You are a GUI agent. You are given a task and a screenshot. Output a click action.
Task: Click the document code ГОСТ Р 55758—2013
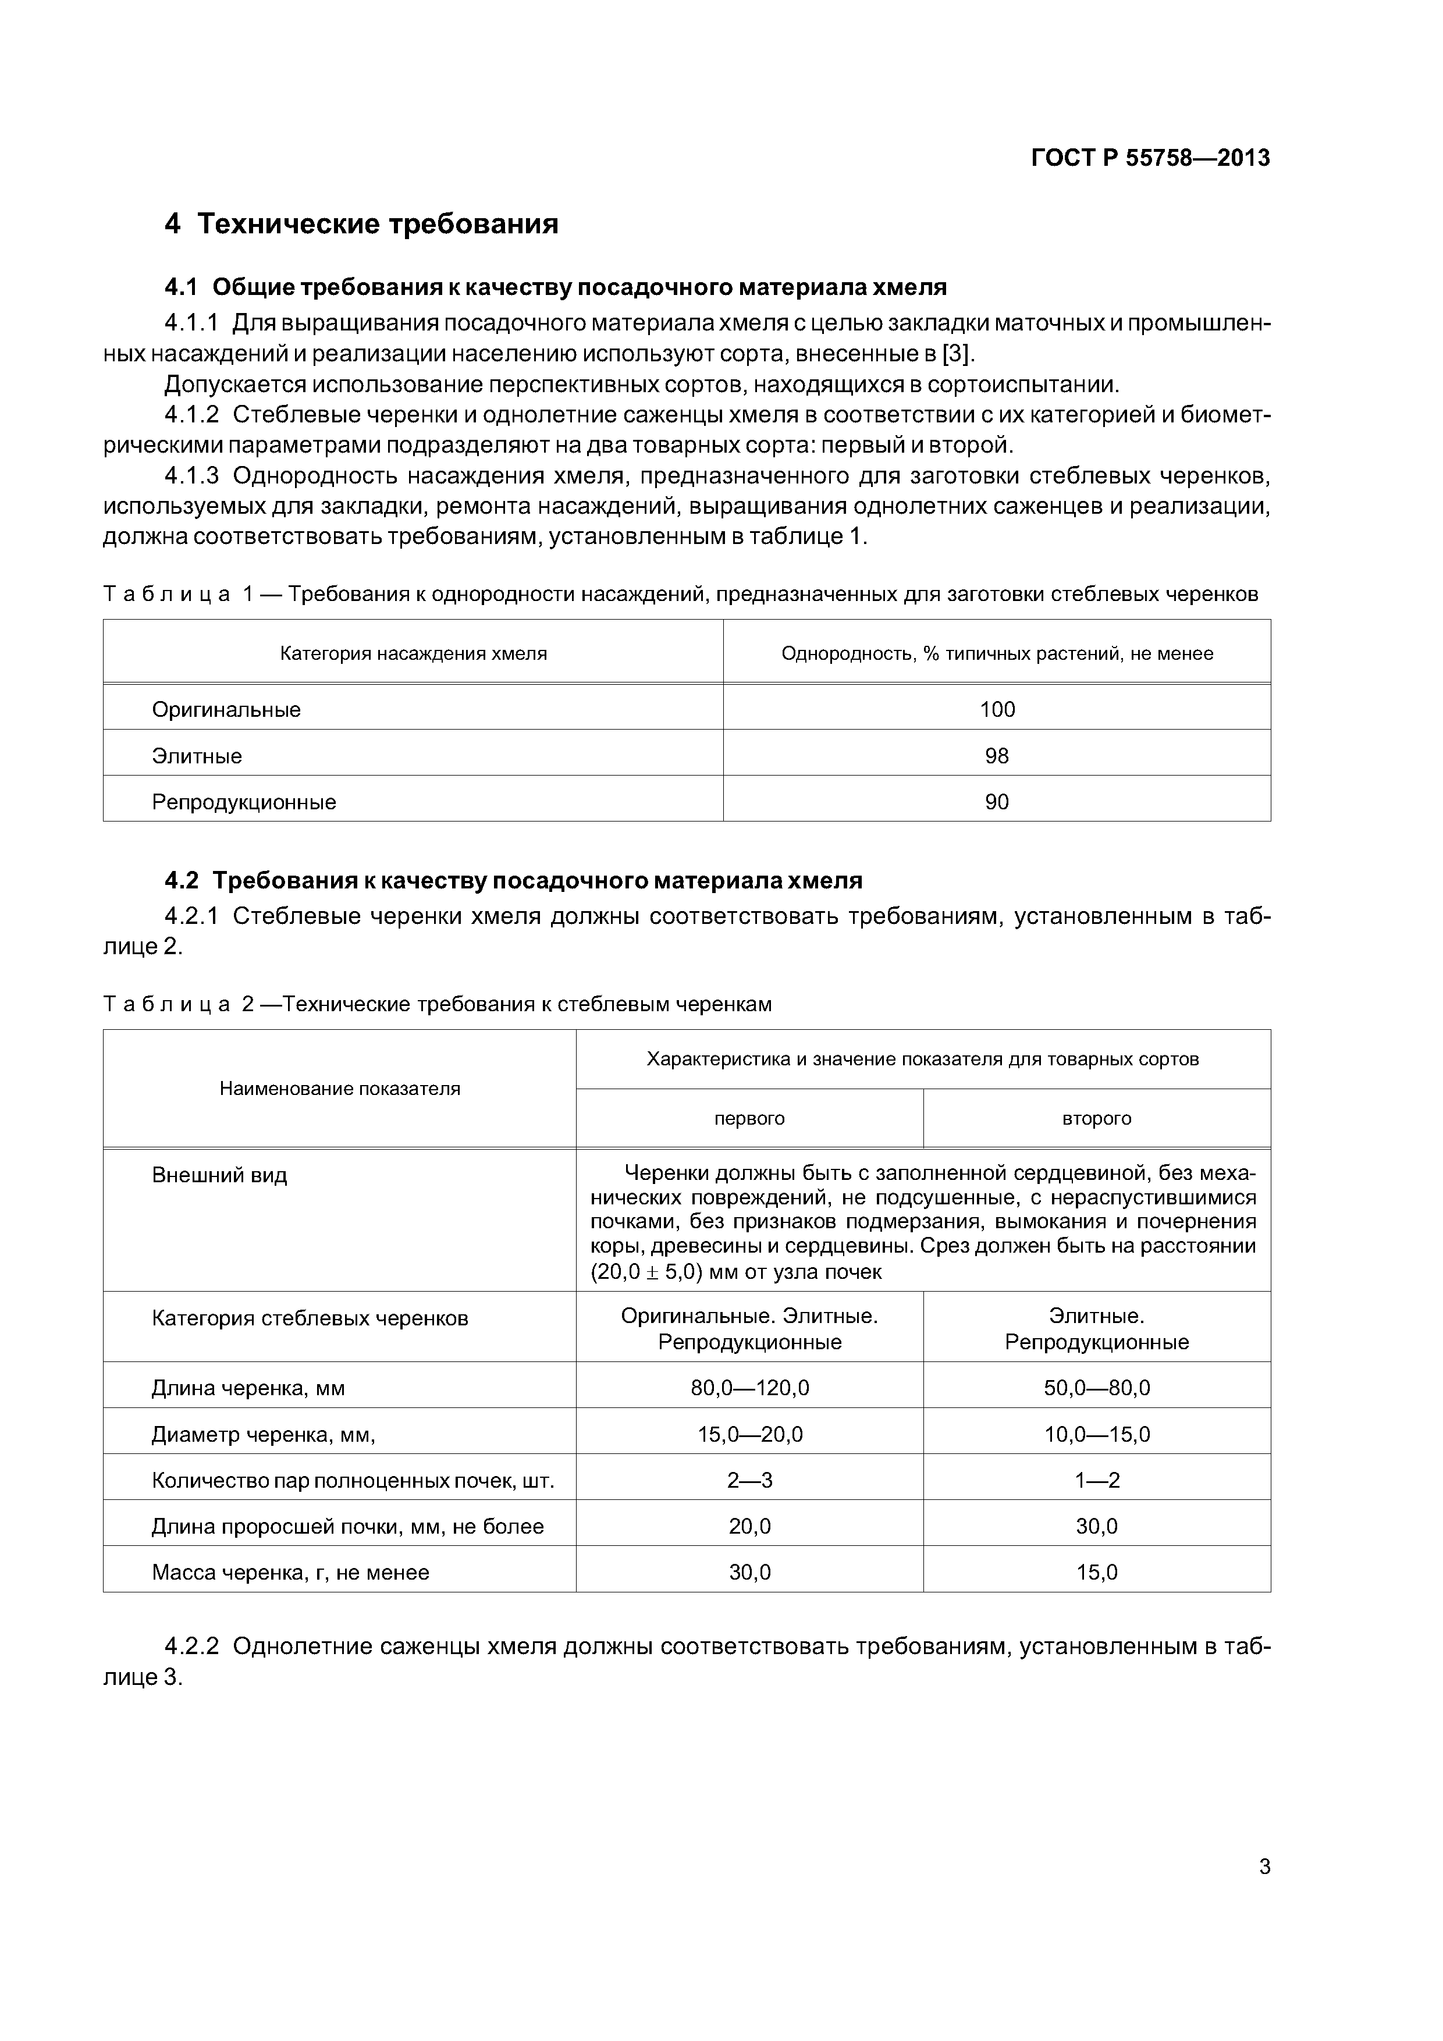[1150, 158]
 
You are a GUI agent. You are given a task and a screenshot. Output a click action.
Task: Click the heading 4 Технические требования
[361, 224]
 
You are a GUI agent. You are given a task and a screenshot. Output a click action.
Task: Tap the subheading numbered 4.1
[555, 287]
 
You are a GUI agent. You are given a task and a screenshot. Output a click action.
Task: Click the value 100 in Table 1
[997, 709]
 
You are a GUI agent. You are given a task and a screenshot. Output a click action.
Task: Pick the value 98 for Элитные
[997, 756]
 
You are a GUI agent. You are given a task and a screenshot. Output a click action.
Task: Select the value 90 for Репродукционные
[997, 802]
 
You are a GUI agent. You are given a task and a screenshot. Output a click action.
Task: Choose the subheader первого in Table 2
[749, 1118]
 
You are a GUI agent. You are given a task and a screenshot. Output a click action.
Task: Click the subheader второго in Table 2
[1096, 1118]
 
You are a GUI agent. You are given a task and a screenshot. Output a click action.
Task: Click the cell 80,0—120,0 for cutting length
[749, 1388]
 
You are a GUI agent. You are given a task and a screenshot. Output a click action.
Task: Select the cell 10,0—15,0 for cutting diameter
[1096, 1434]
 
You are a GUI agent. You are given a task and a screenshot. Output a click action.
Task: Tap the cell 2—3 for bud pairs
[749, 1480]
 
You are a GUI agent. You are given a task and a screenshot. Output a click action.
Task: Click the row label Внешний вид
[219, 1175]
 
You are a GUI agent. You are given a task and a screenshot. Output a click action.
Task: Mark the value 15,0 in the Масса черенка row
[1096, 1573]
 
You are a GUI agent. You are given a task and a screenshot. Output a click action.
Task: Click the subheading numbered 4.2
[513, 880]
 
